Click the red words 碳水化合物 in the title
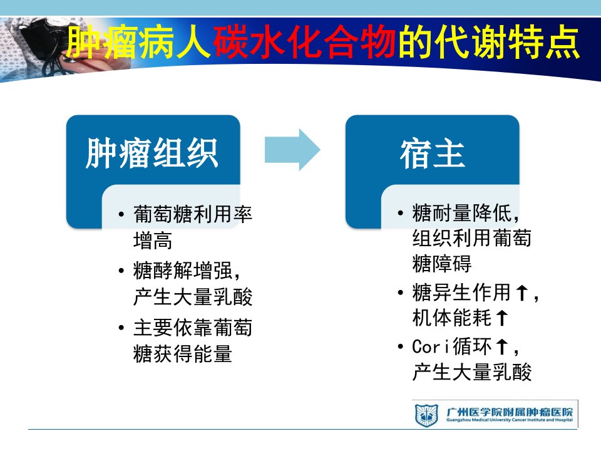[x=305, y=42]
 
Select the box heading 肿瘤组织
[x=152, y=153]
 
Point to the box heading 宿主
[x=433, y=153]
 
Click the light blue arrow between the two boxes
[x=292, y=150]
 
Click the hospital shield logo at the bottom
[x=426, y=415]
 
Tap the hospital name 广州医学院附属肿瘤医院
[x=510, y=412]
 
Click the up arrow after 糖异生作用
[x=521, y=293]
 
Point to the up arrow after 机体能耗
[x=502, y=318]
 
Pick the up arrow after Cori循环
[x=502, y=346]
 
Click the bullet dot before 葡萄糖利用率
[x=121, y=214]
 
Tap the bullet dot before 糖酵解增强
[x=121, y=271]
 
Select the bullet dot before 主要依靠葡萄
[x=121, y=328]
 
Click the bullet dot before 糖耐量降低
[x=401, y=212]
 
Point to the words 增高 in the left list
[x=153, y=241]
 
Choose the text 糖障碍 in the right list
[x=442, y=264]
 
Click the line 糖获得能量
[x=183, y=353]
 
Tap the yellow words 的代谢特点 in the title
[x=489, y=42]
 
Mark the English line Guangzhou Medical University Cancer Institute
[x=510, y=420]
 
